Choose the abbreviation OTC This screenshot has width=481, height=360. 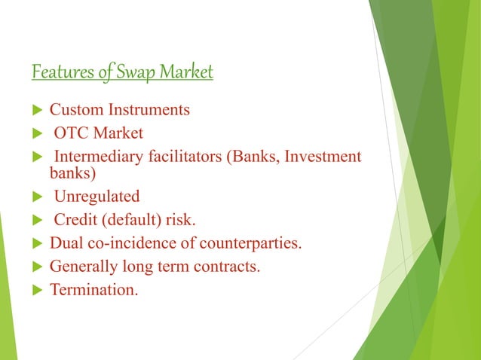click(x=72, y=134)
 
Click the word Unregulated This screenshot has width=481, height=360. click(x=97, y=197)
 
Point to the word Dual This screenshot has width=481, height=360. click(x=66, y=243)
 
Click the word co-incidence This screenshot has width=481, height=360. click(x=127, y=243)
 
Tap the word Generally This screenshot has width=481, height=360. click(x=83, y=266)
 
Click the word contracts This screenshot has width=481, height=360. click(x=230, y=266)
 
